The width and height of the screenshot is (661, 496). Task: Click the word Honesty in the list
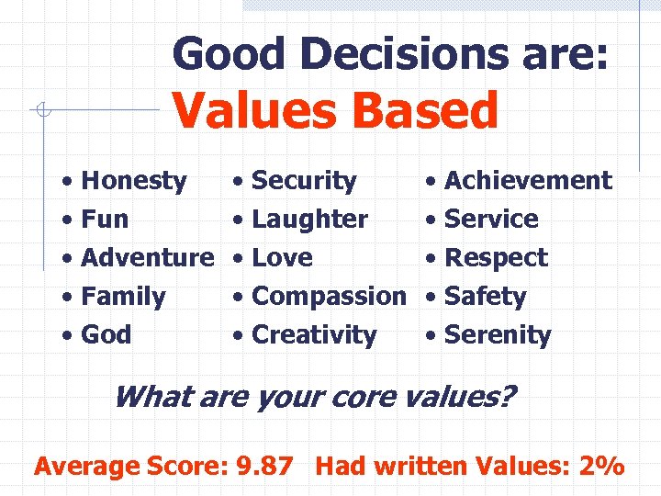coord(134,181)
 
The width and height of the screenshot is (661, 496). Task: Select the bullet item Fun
coord(105,220)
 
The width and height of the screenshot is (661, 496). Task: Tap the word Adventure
coord(147,258)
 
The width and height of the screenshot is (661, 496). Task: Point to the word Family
coord(123,297)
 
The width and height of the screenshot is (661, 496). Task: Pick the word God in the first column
coord(106,335)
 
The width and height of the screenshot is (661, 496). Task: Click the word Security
coord(304,181)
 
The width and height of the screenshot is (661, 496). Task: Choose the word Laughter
coord(309,220)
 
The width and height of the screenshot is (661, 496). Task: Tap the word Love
coord(282,258)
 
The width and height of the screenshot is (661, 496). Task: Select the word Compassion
coord(328,297)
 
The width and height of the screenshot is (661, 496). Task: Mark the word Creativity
coord(314,335)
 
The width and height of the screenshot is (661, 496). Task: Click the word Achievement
coord(528,181)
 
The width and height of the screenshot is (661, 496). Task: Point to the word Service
coord(491,220)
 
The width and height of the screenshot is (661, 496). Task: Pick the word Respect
coord(496,258)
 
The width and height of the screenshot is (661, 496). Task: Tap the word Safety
coord(485,297)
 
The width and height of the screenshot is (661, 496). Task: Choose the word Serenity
coord(498,335)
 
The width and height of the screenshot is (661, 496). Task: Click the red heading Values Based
coord(335,110)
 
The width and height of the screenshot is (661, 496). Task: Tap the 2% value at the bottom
coord(602,466)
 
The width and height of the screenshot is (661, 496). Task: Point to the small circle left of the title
coord(40,111)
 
